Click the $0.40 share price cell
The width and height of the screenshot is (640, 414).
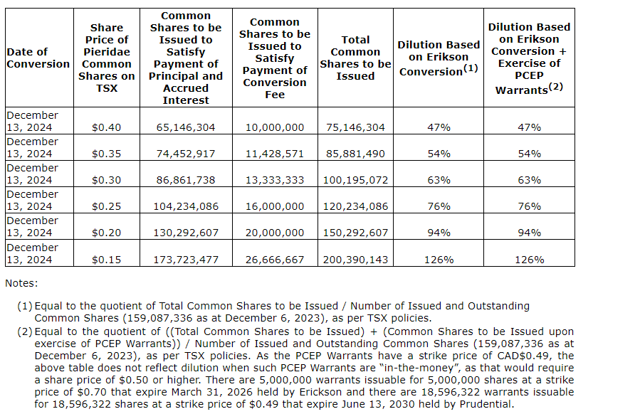point(106,127)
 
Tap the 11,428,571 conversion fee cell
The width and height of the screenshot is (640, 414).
point(274,154)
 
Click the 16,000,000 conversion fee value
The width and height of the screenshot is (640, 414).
point(274,206)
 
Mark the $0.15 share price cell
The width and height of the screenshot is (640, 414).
point(106,260)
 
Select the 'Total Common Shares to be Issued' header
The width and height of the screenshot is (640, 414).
point(355,58)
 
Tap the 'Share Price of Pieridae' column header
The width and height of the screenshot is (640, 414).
point(106,58)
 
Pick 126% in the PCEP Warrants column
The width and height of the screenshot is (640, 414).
point(529,260)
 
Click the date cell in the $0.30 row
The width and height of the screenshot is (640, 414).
point(32,174)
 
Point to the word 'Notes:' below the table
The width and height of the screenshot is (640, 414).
point(21,283)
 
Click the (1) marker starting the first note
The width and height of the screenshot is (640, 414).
point(25,306)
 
